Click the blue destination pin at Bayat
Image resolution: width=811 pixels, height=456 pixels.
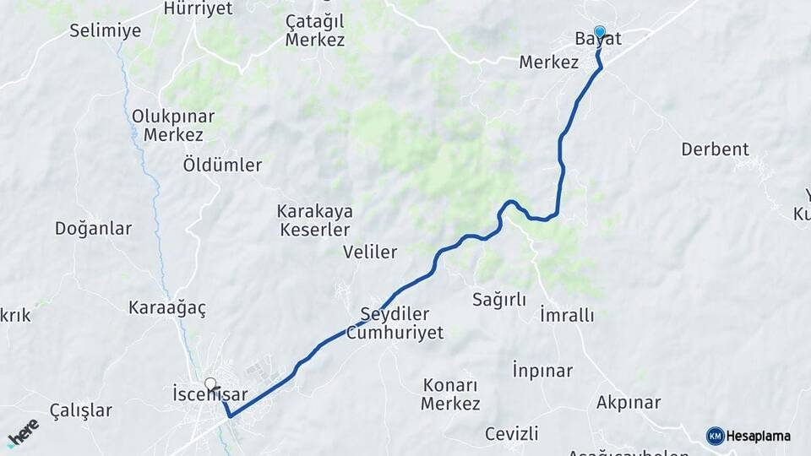[600, 33]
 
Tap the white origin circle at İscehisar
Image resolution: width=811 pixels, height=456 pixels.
[210, 383]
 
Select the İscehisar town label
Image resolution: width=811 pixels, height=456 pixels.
[210, 394]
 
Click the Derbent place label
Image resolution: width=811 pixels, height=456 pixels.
[715, 149]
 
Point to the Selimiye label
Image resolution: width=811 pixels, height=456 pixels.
[105, 31]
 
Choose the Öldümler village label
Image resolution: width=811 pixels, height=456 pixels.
[222, 166]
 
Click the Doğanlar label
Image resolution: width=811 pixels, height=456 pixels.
[93, 228]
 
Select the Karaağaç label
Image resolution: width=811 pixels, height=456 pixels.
[167, 308]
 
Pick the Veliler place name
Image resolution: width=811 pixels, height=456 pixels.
[370, 252]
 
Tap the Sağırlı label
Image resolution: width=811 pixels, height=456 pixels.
[499, 300]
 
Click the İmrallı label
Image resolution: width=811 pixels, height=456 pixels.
[566, 316]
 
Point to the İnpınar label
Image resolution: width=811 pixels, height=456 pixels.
[542, 371]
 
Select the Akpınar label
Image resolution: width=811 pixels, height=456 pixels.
[628, 403]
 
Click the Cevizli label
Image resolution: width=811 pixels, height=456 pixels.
[511, 434]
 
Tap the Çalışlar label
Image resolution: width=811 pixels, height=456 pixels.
[80, 411]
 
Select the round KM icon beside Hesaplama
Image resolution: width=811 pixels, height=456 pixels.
[715, 436]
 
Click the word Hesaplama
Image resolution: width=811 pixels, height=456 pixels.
[759, 437]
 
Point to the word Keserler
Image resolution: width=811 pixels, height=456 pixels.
[313, 230]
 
